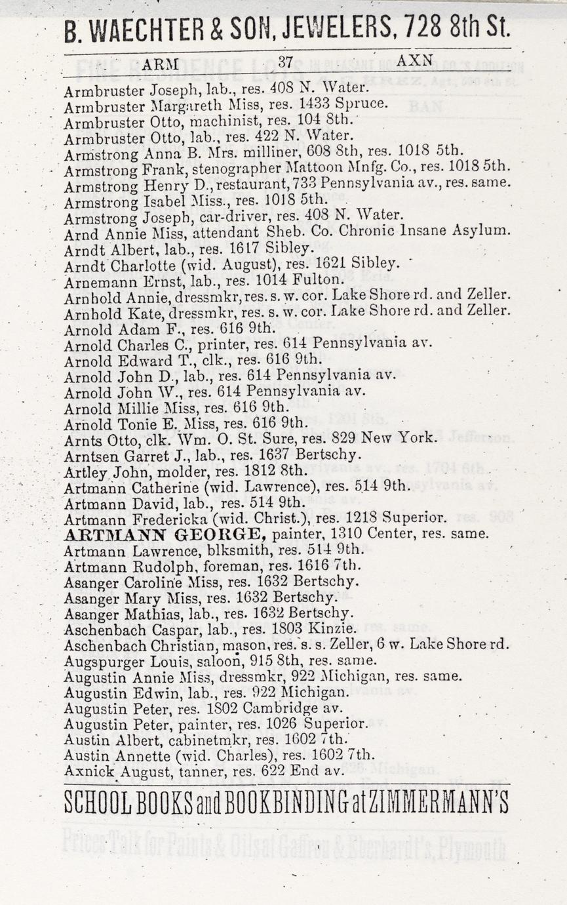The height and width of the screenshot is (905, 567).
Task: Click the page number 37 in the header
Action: click(x=285, y=62)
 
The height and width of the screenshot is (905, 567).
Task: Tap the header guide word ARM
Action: click(x=160, y=63)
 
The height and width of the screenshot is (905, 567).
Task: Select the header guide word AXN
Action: click(x=414, y=61)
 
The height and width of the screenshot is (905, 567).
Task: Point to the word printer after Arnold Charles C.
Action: click(x=215, y=343)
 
